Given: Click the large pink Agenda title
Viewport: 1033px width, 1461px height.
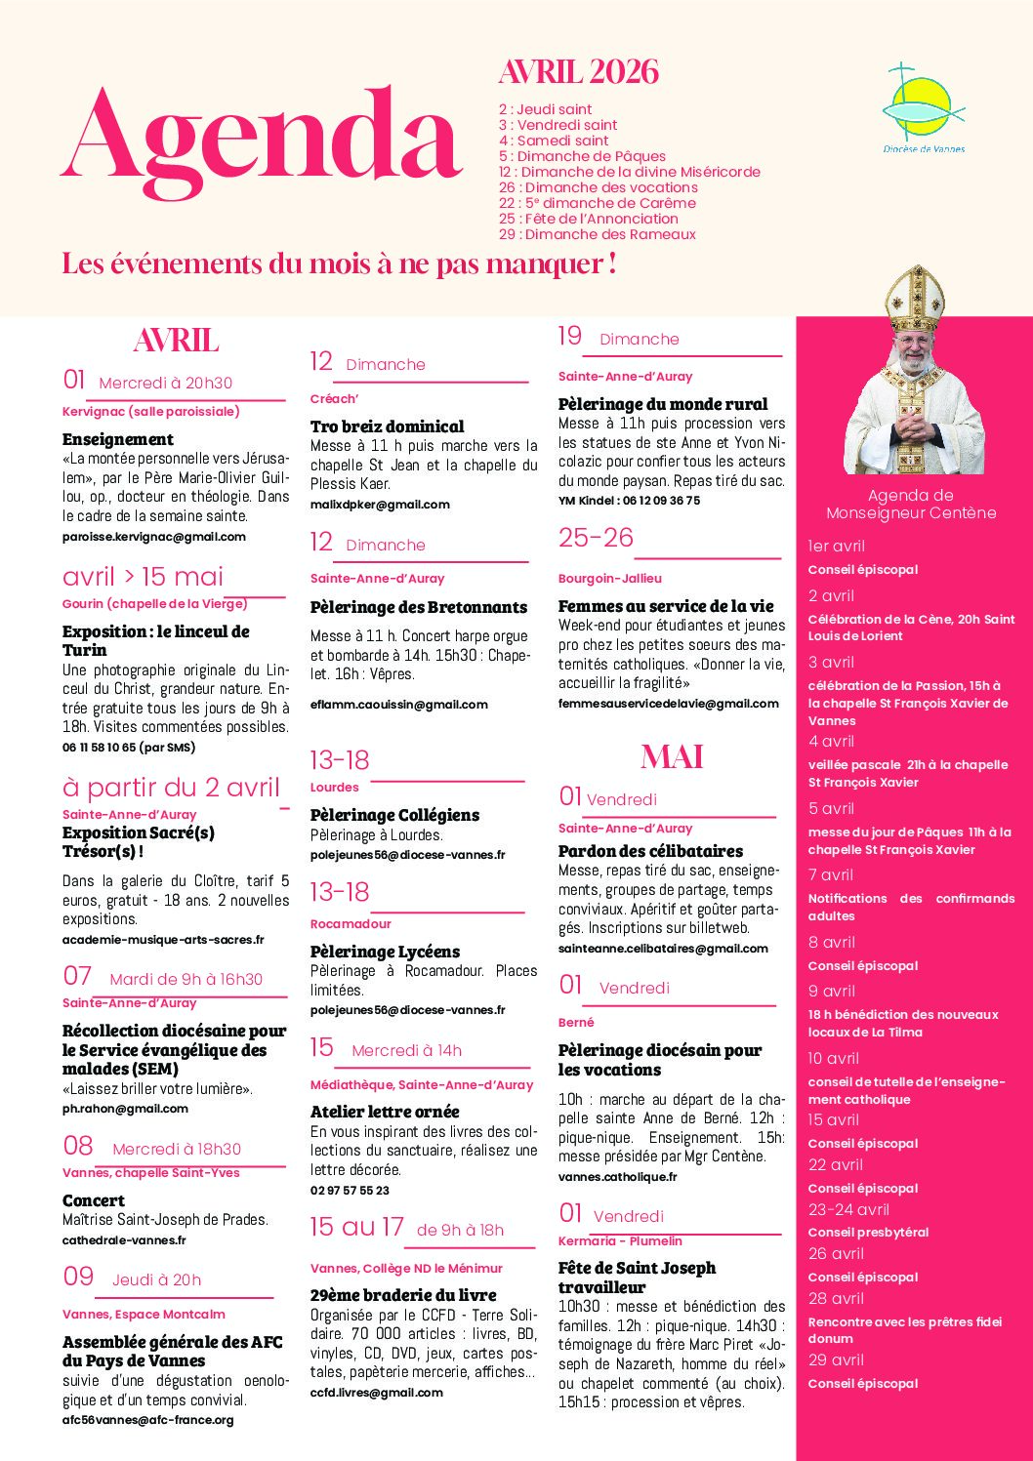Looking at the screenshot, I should tap(262, 137).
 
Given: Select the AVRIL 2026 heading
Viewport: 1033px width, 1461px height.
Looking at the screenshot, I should tap(578, 72).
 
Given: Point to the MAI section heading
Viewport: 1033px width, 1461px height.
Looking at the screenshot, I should tap(672, 757).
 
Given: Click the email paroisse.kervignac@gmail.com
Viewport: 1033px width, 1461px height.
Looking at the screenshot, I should tap(154, 537).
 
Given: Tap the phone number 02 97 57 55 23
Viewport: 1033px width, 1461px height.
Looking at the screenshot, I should tap(350, 1191).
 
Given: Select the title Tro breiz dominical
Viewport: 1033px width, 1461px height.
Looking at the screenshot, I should tap(387, 426).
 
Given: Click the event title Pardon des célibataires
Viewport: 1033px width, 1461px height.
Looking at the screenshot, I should tap(650, 851).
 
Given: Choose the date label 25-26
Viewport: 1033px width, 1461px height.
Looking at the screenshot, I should tap(596, 538).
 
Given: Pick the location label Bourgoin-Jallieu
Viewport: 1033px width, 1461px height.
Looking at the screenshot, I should tap(610, 579).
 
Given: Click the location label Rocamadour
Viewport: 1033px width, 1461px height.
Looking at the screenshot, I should tap(351, 924).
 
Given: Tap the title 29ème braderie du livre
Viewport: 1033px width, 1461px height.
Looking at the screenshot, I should tap(403, 1295).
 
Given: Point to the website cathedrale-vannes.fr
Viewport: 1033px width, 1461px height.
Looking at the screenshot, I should tap(124, 1240).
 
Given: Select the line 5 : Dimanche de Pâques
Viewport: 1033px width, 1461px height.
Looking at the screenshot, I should tap(582, 156).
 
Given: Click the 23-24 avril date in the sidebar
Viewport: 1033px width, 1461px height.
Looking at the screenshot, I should tap(848, 1209).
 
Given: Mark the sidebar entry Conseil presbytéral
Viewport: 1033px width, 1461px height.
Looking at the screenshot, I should tap(868, 1233).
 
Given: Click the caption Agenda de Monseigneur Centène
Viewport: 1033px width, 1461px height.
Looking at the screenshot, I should tap(911, 505).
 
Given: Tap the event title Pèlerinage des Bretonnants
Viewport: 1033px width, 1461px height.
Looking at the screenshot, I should tap(418, 607).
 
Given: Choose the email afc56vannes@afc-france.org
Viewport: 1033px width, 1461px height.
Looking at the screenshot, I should tap(148, 1420).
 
